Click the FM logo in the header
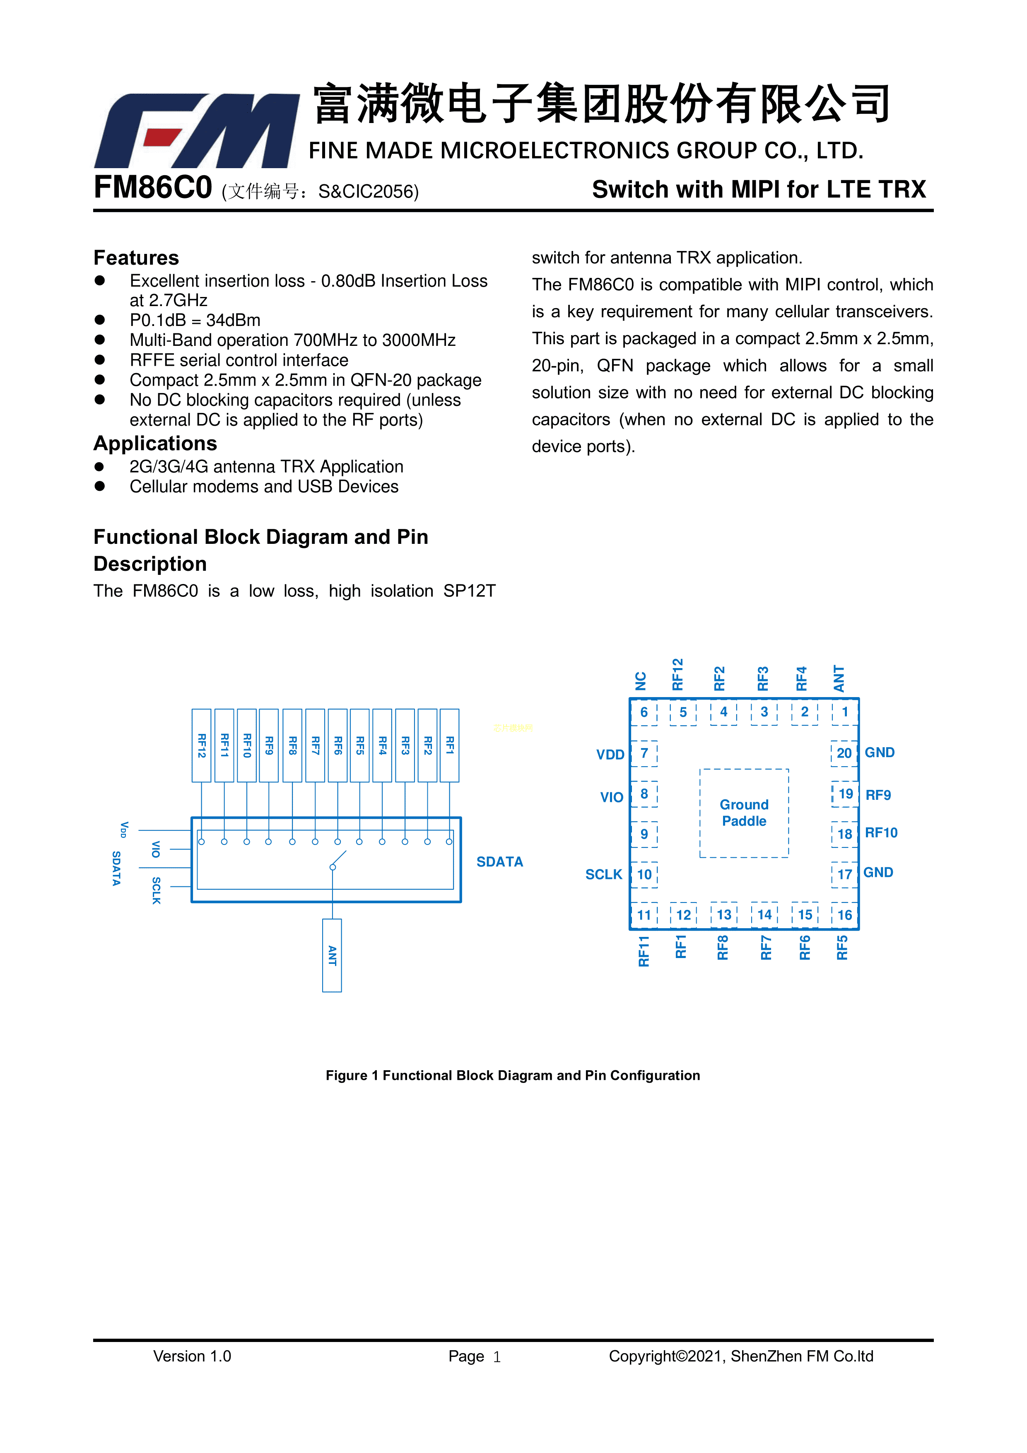tap(196, 130)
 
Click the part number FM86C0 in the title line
tap(152, 188)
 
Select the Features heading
tap(136, 258)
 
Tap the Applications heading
tap(155, 443)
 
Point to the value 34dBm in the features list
tap(233, 320)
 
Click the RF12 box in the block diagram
tap(201, 746)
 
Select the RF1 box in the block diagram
tap(449, 746)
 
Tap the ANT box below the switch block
tap(332, 955)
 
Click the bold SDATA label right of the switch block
tap(499, 862)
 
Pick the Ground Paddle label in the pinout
tap(744, 813)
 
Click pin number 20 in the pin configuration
tap(844, 753)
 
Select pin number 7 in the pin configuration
tap(644, 753)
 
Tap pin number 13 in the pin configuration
tap(724, 915)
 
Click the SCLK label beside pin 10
tap(604, 875)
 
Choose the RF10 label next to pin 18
tap(881, 833)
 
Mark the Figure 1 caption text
tap(513, 1075)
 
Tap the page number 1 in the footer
tap(497, 1357)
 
